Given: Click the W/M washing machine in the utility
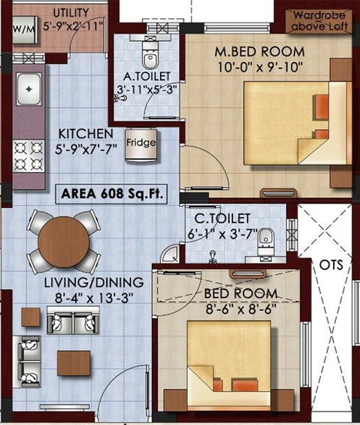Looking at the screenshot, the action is [25, 29].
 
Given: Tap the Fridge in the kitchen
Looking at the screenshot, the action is [141, 145].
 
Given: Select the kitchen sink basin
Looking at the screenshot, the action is [29, 89].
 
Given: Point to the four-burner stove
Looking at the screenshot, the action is [29, 156].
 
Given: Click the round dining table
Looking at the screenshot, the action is [63, 242].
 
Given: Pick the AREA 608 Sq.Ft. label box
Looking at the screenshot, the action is [111, 194].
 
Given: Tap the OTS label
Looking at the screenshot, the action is [331, 265].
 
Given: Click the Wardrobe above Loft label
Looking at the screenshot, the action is [319, 21].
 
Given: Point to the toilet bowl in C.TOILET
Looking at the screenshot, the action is [266, 240].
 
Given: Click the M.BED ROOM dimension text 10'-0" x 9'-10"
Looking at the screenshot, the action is [260, 68].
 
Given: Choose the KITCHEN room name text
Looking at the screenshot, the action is [86, 134].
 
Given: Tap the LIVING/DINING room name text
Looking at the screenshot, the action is [94, 282].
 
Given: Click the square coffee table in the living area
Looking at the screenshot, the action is [74, 363].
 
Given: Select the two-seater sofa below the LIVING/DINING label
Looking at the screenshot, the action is [73, 321].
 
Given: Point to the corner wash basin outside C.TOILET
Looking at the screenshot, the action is [170, 255].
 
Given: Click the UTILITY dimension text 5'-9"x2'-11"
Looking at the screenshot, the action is [73, 26].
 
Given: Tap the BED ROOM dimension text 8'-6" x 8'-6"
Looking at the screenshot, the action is [241, 309].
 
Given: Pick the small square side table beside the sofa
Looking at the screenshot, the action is [31, 317].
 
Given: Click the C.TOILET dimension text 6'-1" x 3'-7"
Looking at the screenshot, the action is [222, 234].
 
